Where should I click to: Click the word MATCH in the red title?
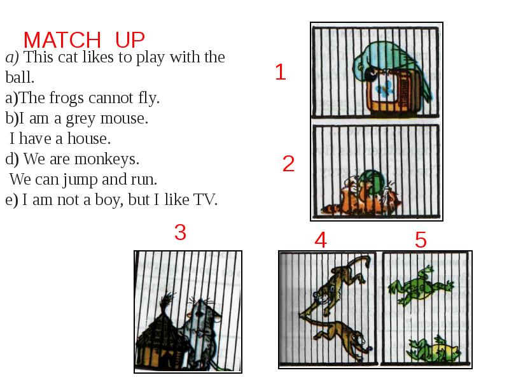(x=62, y=40)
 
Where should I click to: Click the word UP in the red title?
(x=130, y=40)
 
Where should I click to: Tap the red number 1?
(x=280, y=72)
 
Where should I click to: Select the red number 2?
(x=288, y=164)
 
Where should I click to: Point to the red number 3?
(x=180, y=232)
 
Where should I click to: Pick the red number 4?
(x=321, y=240)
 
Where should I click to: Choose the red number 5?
(x=421, y=240)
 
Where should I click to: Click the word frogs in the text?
(x=67, y=98)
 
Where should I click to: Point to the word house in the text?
(x=89, y=139)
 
